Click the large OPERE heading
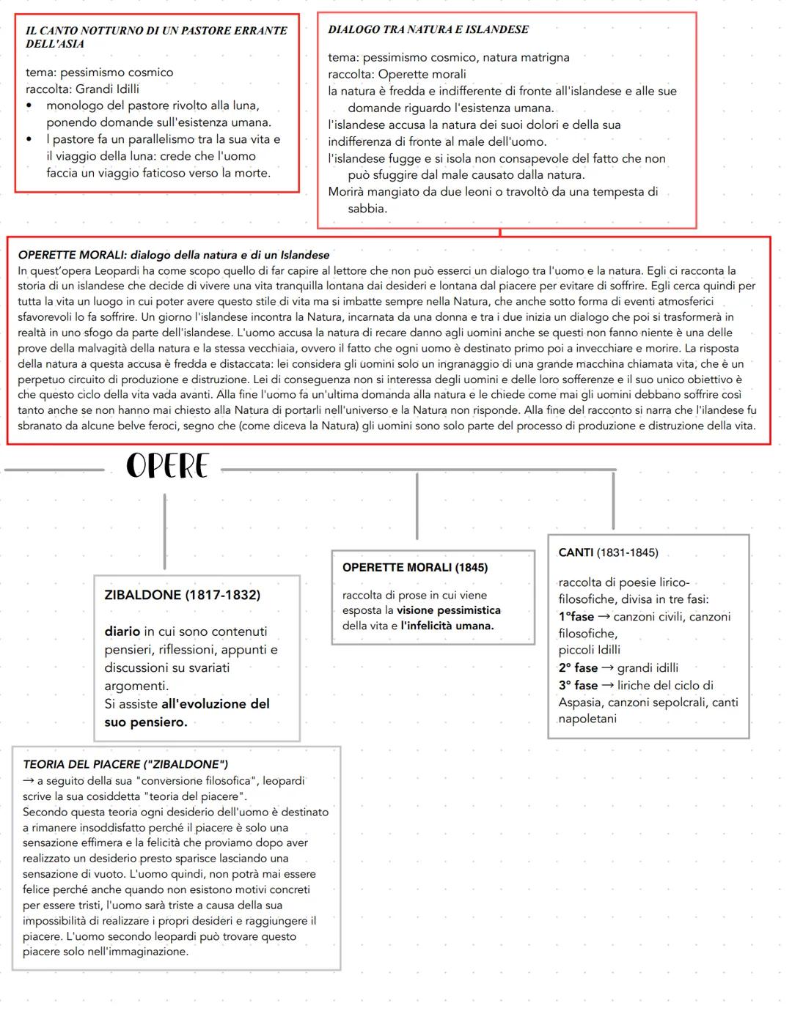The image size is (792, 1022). tap(167, 466)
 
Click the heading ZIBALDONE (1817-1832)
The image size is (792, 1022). tap(183, 595)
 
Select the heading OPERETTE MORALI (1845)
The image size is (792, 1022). tap(414, 567)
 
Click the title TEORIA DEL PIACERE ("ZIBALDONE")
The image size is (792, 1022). tap(125, 764)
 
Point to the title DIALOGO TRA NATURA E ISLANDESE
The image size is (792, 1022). tap(428, 29)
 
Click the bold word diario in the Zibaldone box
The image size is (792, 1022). tap(122, 632)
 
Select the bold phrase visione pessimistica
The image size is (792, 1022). tap(449, 610)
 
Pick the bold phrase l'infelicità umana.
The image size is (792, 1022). tap(447, 626)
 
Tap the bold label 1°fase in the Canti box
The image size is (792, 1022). tap(576, 617)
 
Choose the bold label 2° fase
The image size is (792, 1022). tap(578, 668)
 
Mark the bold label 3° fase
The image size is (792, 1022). tap(578, 686)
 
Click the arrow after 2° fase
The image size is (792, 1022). tap(607, 668)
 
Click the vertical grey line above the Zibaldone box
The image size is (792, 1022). tap(164, 531)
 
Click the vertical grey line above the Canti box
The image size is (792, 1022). tap(613, 501)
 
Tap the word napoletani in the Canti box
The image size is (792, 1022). tap(587, 719)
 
